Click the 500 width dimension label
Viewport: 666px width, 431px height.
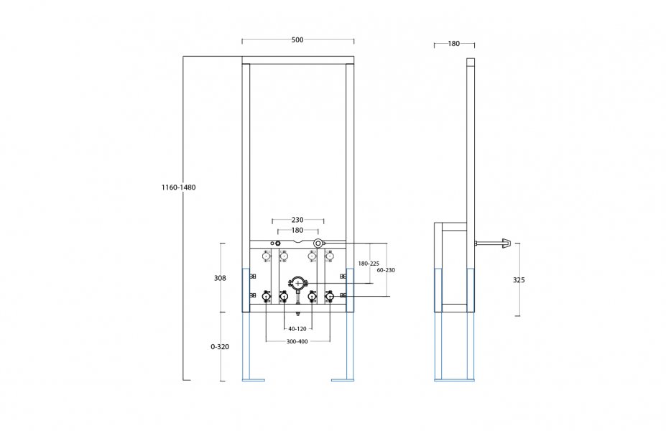point(297,40)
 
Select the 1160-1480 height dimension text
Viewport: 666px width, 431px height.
point(178,187)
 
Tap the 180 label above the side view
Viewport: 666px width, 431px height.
point(453,43)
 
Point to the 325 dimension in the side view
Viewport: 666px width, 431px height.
point(519,280)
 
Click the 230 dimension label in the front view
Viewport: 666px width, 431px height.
point(297,220)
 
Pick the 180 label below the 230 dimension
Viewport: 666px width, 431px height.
point(297,230)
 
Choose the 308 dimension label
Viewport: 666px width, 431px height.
point(220,278)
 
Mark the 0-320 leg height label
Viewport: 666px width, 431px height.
point(220,346)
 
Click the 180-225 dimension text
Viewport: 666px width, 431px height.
point(369,264)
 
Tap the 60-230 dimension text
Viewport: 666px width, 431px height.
point(386,270)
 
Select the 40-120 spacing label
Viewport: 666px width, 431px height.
point(297,329)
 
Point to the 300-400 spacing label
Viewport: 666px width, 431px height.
point(297,341)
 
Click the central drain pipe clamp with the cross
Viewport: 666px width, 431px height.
point(297,283)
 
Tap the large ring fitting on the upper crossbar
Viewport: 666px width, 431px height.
point(318,243)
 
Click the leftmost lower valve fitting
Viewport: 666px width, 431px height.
point(267,296)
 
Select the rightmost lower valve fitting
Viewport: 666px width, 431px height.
point(329,296)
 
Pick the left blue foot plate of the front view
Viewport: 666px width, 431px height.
point(254,380)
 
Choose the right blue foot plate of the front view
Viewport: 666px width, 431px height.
point(343,380)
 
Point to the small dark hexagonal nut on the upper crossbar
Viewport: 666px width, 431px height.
point(278,244)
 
